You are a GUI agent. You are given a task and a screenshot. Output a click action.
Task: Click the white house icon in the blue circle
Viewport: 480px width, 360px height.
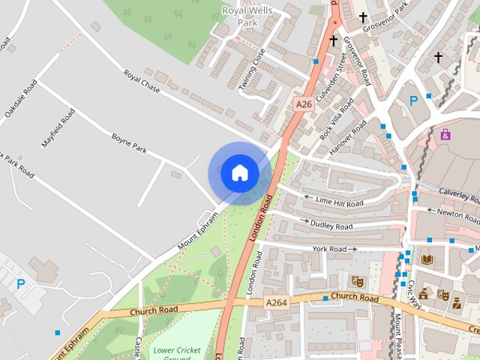[x=239, y=172]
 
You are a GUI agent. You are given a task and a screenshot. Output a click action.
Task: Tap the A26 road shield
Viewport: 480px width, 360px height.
[x=303, y=105]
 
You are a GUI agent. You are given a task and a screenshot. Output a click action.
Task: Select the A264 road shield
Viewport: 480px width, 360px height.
[x=277, y=301]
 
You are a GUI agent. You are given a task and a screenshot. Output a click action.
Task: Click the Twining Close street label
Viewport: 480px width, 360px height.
[x=252, y=70]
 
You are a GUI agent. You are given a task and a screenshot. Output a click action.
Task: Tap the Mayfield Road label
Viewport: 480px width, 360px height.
[x=58, y=128]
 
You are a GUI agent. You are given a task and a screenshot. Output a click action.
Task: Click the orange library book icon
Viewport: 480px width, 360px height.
[x=427, y=259]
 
